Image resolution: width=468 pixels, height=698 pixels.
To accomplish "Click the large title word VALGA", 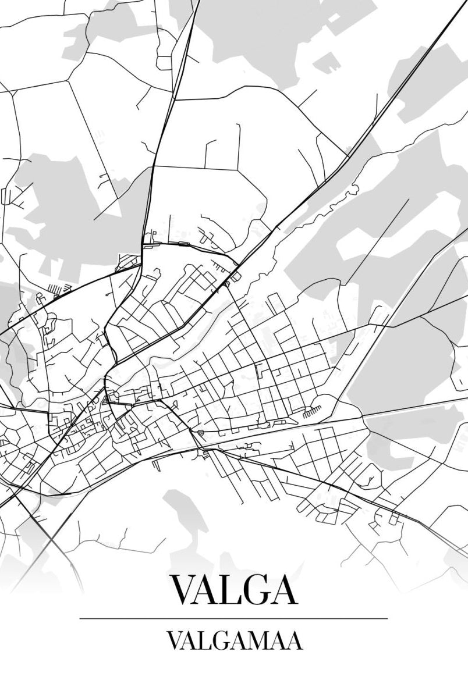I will tap(233, 589).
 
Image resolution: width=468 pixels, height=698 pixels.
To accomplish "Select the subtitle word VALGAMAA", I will tap(234, 642).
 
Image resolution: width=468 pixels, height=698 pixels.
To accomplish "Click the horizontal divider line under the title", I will tap(233, 618).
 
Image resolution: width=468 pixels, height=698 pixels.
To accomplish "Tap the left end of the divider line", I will tap(80, 618).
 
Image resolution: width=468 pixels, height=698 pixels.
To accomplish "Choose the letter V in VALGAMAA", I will tap(174, 642).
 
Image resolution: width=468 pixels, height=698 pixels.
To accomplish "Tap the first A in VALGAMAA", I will tap(190, 642).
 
